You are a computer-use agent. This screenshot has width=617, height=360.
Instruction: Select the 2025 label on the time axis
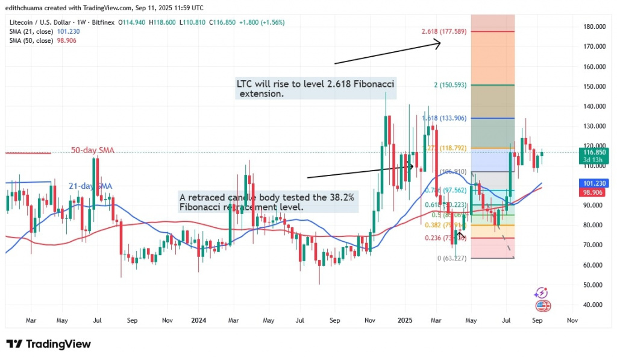pos(404,321)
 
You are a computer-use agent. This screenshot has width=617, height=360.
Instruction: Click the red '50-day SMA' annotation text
pos(92,150)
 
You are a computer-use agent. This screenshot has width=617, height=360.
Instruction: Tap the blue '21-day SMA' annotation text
pos(90,186)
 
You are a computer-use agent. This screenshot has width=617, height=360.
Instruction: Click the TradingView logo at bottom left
pos(49,344)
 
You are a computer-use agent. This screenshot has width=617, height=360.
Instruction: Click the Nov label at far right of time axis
pos(571,321)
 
